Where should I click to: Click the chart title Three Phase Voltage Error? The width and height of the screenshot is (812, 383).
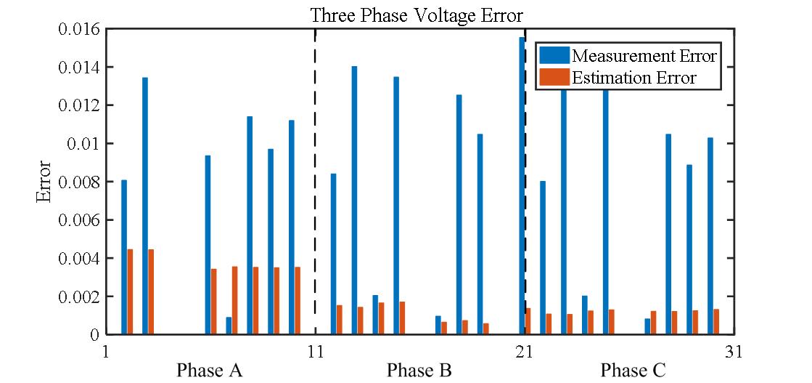pyautogui.click(x=417, y=15)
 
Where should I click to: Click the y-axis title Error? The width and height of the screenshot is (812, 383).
pyautogui.click(x=44, y=182)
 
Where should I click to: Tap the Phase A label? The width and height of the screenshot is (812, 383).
pyautogui.click(x=209, y=371)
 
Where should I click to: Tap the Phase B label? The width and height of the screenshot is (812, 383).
pyautogui.click(x=419, y=371)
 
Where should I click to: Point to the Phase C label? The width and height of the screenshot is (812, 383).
pyautogui.click(x=633, y=371)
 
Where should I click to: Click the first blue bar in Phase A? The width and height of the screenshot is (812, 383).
pyautogui.click(x=124, y=257)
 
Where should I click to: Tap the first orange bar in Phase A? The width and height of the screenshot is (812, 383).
pyautogui.click(x=130, y=291)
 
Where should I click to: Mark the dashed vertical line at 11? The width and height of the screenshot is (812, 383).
pyautogui.click(x=315, y=182)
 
